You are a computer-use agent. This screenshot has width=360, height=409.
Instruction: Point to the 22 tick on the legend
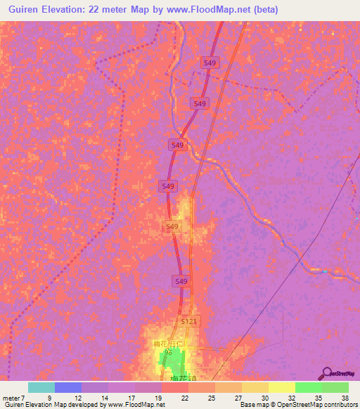[x=165, y=397]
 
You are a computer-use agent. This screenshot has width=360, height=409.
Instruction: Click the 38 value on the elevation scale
[x=345, y=397]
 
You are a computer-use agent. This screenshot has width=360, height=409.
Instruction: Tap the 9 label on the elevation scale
[x=49, y=397]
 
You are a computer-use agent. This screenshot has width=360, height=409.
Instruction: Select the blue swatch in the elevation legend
[x=68, y=387]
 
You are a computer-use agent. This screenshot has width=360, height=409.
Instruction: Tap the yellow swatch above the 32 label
[x=281, y=387]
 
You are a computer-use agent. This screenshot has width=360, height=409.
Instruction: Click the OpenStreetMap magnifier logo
[x=326, y=373]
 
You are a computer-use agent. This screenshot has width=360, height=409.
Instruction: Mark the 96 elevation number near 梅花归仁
[x=168, y=351]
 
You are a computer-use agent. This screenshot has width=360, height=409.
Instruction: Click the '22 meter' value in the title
[x=122, y=10]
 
